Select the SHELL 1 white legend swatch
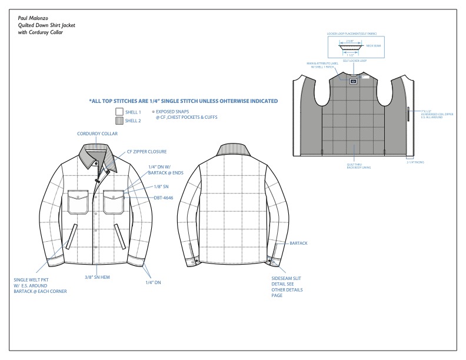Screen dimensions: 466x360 tap(119, 112)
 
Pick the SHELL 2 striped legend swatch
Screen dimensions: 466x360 tap(119, 121)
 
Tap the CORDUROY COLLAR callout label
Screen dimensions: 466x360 tap(97, 134)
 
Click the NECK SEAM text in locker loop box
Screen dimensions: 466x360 tap(376, 45)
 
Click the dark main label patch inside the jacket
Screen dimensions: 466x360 tap(353, 82)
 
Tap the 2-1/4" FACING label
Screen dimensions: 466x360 tap(416, 163)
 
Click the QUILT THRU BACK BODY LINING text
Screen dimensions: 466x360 tap(354, 166)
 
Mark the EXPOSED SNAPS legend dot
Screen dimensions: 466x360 tap(153, 111)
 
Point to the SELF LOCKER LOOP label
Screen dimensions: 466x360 tap(352, 61)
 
